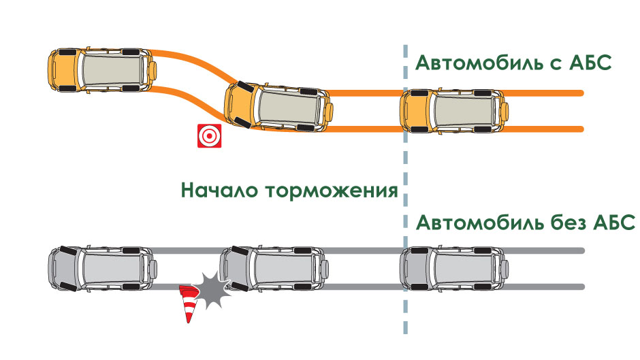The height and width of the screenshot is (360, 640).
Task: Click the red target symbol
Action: (x=210, y=135)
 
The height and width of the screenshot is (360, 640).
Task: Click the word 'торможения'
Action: (x=332, y=191)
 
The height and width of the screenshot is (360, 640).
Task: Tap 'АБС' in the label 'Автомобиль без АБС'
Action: (x=613, y=223)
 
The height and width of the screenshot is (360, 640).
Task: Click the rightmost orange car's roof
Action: (x=463, y=111)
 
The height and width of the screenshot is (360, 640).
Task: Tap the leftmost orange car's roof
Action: (x=112, y=69)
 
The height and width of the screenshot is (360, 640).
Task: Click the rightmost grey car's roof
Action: (x=464, y=269)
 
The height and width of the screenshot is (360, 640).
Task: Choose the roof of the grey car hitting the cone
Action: (x=284, y=268)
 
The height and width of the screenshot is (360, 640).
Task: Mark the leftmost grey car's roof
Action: (x=112, y=268)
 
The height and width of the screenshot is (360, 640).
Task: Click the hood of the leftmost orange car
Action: (x=65, y=70)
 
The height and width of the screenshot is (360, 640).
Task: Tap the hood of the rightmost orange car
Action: (x=416, y=111)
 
